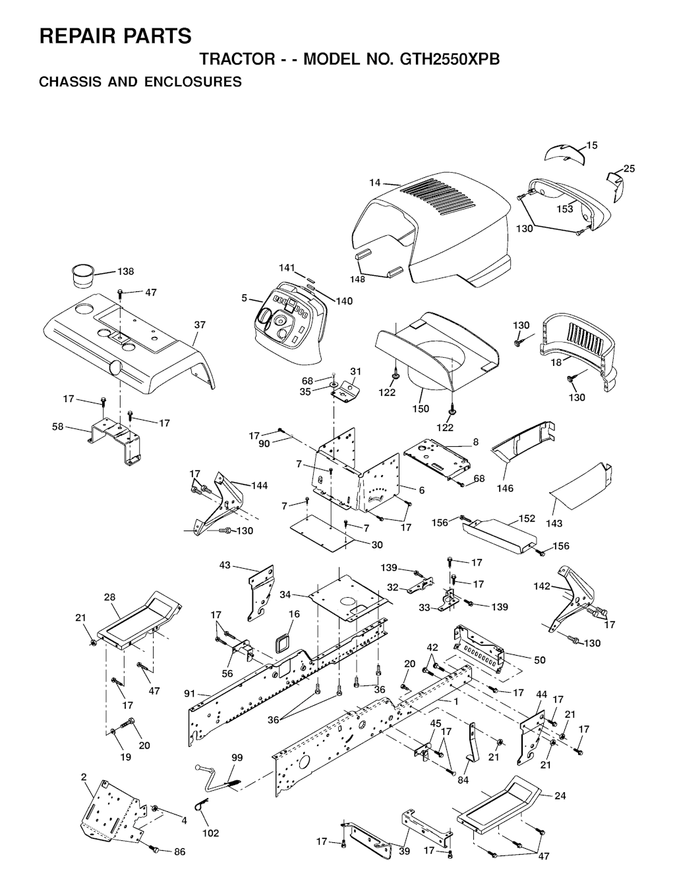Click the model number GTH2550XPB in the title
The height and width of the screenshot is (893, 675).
450,59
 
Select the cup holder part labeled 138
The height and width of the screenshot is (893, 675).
84,275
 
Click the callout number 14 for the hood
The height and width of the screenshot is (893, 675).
374,183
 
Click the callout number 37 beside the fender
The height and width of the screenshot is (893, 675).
200,325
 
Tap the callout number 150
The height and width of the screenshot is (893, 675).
421,408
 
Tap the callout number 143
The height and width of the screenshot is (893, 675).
554,523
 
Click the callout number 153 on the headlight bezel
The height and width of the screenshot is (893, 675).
565,209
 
